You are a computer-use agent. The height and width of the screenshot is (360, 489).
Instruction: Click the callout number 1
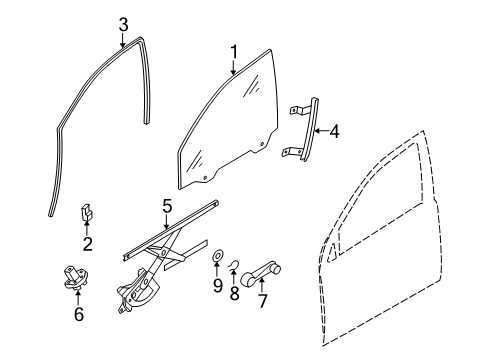233,50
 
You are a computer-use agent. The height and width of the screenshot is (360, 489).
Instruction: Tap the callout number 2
87,245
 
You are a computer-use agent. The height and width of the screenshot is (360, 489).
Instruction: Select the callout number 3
122,22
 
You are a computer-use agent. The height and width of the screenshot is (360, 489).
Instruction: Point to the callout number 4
334,130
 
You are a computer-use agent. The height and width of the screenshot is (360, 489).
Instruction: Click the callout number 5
168,208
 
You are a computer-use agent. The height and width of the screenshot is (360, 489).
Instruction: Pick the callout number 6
78,315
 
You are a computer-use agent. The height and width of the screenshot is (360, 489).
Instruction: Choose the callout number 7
262,300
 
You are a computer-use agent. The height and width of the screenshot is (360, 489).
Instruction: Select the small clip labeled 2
87,212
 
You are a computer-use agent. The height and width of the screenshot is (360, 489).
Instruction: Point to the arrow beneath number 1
233,67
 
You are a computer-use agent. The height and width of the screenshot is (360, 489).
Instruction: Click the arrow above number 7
262,284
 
